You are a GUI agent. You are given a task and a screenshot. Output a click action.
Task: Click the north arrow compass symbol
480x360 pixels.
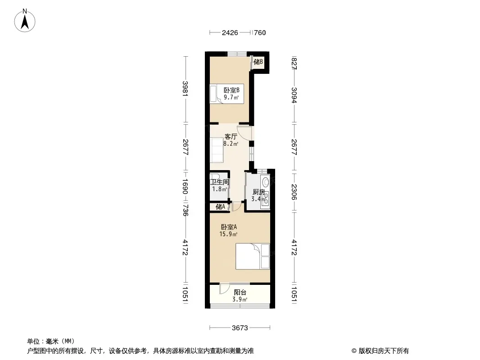click(x=25, y=21)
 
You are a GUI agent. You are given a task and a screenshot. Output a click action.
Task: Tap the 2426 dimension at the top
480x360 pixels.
click(x=230, y=32)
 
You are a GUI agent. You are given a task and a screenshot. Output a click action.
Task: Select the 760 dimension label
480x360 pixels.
click(x=260, y=32)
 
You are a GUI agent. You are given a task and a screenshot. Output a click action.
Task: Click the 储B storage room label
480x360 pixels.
click(x=258, y=62)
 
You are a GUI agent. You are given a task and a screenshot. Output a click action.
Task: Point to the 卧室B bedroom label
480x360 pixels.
click(x=231, y=90)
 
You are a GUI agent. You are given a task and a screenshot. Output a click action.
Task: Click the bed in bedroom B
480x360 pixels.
click(x=226, y=94)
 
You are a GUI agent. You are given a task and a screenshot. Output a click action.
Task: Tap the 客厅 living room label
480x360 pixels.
click(x=231, y=136)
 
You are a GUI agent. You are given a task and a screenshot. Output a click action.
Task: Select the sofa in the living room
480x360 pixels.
click(x=217, y=150)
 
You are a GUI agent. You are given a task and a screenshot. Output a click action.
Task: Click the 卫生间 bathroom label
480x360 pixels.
click(x=219, y=182)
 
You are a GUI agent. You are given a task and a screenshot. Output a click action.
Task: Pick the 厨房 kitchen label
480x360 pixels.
click(x=258, y=192)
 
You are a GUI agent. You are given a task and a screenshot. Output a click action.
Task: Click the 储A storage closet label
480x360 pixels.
click(x=220, y=207)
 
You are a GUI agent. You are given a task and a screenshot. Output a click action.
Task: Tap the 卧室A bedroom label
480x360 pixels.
click(x=229, y=227)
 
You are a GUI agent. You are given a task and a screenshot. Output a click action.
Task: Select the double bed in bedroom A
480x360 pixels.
click(x=253, y=256)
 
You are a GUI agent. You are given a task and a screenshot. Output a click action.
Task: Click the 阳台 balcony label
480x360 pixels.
click(x=240, y=292)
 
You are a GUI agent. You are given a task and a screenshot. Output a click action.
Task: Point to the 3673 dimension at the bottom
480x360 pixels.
click(x=240, y=328)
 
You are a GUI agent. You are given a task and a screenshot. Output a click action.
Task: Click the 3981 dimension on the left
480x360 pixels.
click(x=185, y=88)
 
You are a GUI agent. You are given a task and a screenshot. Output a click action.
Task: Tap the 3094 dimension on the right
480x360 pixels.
click(x=294, y=95)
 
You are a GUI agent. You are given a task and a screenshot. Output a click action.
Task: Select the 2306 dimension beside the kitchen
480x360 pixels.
click(x=294, y=192)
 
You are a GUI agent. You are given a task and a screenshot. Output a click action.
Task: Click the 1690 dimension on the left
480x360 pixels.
click(x=185, y=186)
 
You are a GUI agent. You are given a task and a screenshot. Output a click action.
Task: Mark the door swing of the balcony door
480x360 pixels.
click(x=224, y=289)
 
